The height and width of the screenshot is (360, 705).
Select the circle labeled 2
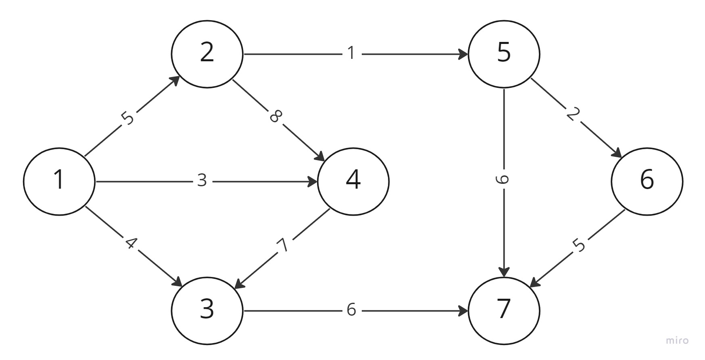click(207, 53)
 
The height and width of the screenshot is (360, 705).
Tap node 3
click(207, 310)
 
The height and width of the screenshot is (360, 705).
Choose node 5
click(504, 53)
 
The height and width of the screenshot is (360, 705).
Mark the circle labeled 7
click(504, 310)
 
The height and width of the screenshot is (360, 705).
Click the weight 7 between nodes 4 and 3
click(283, 244)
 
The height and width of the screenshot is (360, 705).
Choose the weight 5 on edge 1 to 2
click(127, 118)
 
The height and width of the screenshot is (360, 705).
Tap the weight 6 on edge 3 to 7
click(351, 310)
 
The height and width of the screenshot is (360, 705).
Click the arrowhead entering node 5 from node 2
click(463, 54)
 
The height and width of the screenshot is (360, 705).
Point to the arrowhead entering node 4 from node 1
click(313, 182)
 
